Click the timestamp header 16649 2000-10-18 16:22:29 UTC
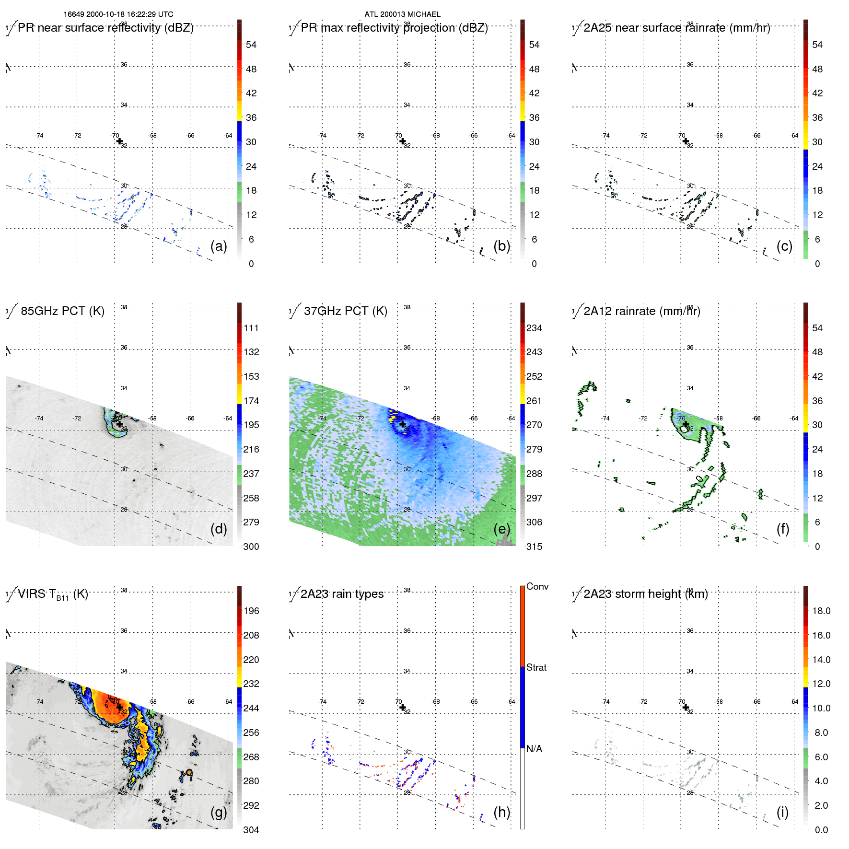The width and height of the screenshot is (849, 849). [118, 14]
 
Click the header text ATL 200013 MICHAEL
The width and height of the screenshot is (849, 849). [402, 14]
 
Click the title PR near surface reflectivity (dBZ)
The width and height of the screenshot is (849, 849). [105, 28]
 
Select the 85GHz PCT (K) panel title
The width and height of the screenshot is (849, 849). [62, 311]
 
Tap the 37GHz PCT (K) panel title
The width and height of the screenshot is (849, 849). [345, 311]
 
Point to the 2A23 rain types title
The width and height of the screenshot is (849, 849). [342, 594]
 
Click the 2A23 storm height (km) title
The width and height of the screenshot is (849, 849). [645, 594]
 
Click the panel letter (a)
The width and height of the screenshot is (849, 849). [219, 246]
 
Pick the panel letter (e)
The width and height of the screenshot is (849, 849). [502, 529]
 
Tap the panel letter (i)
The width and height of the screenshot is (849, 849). [782, 812]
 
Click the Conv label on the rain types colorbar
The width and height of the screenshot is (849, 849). [537, 587]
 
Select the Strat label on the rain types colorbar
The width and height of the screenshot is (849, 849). [536, 668]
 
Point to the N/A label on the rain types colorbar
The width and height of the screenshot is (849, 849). [534, 749]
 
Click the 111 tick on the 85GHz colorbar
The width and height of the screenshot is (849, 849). [251, 328]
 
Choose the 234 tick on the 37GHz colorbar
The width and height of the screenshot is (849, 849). [534, 328]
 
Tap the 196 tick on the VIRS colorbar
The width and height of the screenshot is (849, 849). [251, 611]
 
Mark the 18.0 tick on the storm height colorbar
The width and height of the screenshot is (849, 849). [821, 611]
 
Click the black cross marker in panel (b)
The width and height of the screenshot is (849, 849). [402, 141]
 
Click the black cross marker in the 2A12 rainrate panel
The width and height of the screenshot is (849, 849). [686, 424]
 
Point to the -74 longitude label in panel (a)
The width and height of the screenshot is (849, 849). [39, 136]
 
